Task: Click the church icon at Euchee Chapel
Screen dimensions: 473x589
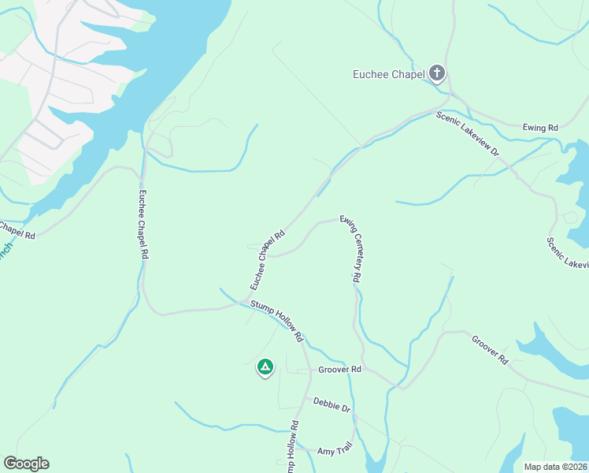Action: tap(437, 75)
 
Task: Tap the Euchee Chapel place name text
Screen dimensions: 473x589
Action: tap(389, 75)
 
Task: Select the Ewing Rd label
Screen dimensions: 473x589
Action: tap(540, 127)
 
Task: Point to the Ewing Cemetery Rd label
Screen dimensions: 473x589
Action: tap(350, 249)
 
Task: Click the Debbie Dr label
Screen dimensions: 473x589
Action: tap(332, 405)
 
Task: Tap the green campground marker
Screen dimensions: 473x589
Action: tap(265, 367)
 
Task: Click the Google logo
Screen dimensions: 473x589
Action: tap(26, 464)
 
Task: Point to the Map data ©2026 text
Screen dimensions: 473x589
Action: tap(556, 467)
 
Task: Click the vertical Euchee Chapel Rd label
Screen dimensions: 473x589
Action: tap(143, 225)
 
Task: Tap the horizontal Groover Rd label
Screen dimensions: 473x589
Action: tap(339, 369)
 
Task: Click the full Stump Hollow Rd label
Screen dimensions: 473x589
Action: tap(277, 320)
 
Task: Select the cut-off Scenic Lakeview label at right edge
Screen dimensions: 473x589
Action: tap(567, 253)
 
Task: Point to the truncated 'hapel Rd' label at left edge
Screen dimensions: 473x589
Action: tap(17, 230)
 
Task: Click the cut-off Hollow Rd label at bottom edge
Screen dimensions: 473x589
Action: tap(292, 448)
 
